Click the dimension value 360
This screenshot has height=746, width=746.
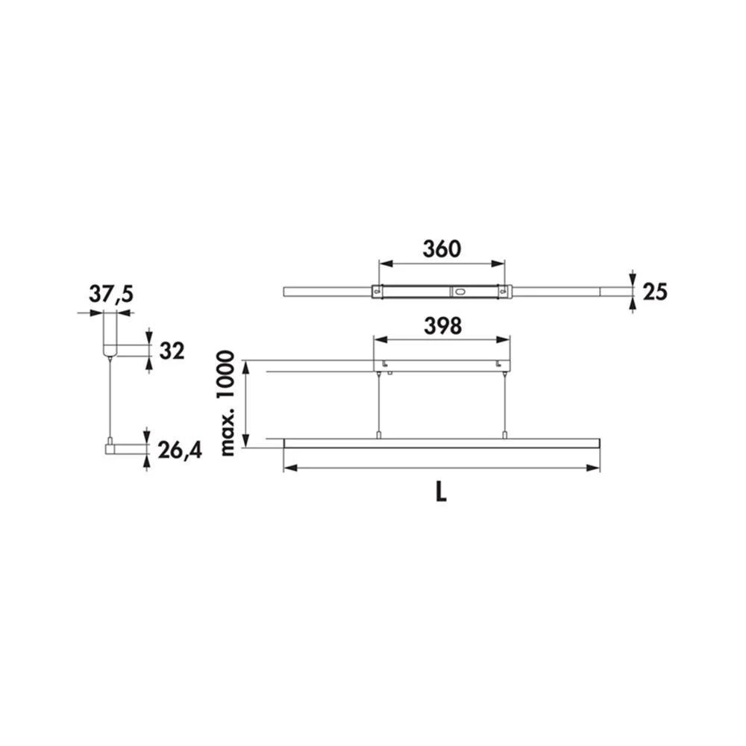442,249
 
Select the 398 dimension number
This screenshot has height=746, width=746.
442,326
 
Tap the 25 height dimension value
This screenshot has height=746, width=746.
655,291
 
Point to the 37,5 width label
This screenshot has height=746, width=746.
111,295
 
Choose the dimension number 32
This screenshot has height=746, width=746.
172,351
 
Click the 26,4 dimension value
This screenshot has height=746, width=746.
180,450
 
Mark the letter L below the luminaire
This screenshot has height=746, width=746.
441,493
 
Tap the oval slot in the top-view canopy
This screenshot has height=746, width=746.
459,292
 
